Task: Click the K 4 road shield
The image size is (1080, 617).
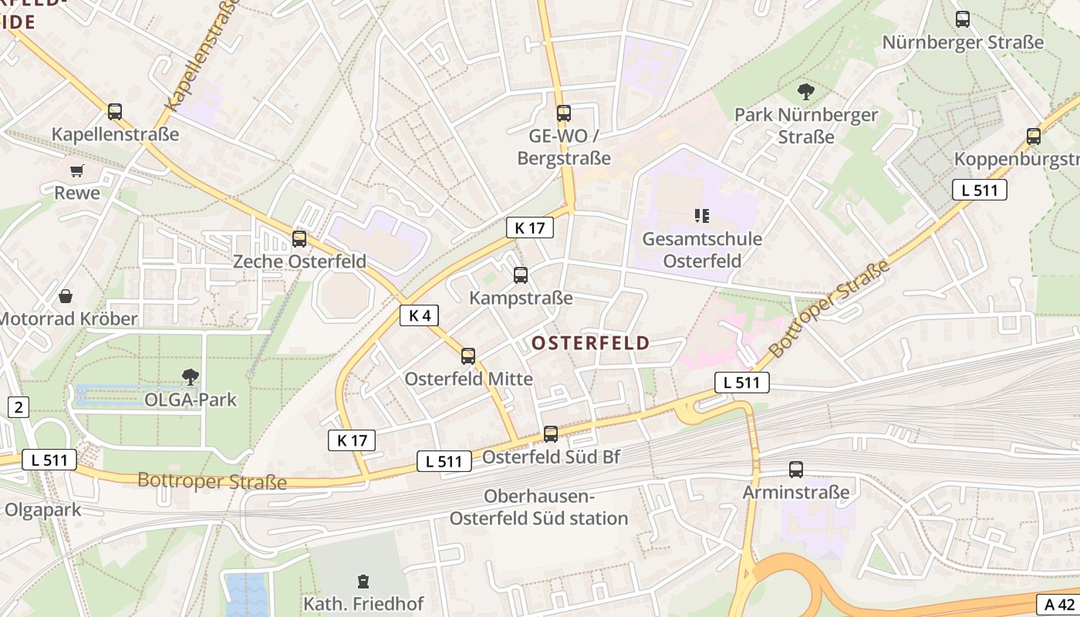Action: coord(420,315)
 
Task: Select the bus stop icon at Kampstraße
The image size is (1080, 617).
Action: coord(521,275)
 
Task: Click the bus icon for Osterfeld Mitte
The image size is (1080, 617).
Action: coord(468,356)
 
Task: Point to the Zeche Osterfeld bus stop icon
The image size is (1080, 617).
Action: coord(299,239)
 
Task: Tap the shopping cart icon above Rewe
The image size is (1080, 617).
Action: coord(76,170)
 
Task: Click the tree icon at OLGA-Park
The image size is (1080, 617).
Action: coord(190,377)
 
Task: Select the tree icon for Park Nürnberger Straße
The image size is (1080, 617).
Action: coord(805,93)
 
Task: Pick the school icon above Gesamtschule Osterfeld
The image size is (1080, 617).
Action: coord(701,216)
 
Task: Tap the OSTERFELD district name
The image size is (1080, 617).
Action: coord(591,343)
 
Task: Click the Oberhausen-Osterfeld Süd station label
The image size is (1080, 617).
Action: coord(538,507)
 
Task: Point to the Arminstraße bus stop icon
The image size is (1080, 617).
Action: coord(795,469)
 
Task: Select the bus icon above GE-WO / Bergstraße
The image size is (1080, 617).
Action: coord(564,113)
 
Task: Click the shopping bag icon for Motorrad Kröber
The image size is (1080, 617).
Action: coord(66,296)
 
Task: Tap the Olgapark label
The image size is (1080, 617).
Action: coord(42,510)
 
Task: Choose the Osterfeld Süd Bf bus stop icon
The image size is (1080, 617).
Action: coord(550,434)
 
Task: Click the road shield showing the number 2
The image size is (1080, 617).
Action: coord(18,406)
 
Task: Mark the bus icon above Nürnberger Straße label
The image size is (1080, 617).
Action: coord(963,19)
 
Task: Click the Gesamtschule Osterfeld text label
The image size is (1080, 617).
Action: coord(702,250)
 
